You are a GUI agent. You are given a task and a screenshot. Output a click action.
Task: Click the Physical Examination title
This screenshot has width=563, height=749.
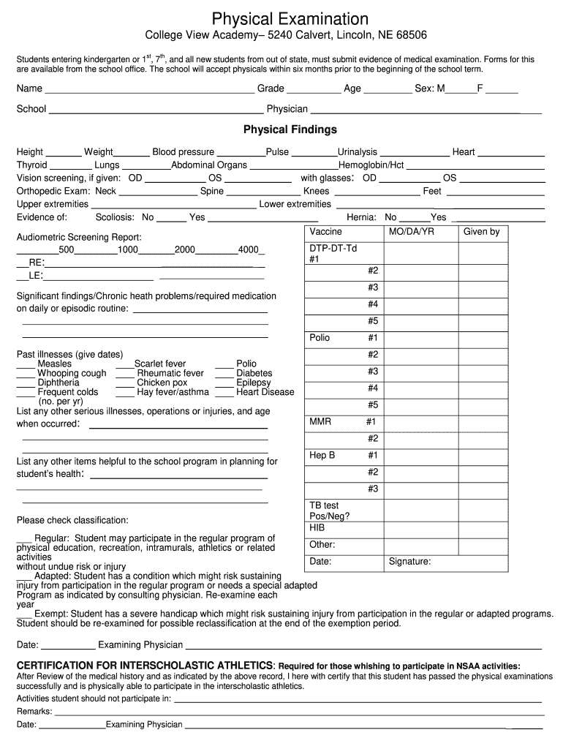click(x=290, y=18)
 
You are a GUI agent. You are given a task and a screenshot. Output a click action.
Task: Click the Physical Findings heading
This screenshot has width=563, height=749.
click(x=290, y=129)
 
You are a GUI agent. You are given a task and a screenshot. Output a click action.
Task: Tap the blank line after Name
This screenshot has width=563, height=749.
click(x=149, y=90)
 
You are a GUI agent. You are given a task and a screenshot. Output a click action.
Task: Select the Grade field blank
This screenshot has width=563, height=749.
click(x=314, y=90)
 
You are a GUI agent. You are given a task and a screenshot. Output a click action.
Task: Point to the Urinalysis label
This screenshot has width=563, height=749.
click(x=357, y=152)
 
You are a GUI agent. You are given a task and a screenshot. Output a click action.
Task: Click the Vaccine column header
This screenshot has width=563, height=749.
click(x=325, y=232)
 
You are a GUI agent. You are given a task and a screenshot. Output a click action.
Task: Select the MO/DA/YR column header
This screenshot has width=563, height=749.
click(x=411, y=232)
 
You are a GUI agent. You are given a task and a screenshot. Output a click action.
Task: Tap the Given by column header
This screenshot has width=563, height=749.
click(x=481, y=232)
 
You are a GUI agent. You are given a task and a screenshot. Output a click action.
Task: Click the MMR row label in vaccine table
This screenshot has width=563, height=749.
click(x=321, y=422)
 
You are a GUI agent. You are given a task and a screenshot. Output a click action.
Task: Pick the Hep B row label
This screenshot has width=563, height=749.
click(x=322, y=456)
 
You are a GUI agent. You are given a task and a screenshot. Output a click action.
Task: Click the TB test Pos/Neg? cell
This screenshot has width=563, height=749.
click(x=329, y=511)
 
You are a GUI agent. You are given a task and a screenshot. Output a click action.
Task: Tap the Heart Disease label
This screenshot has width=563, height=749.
click(x=265, y=392)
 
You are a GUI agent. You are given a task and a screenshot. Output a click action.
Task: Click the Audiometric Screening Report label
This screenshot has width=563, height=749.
click(x=79, y=238)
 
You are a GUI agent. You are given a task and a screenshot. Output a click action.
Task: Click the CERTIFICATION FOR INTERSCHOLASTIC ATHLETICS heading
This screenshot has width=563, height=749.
click(x=145, y=666)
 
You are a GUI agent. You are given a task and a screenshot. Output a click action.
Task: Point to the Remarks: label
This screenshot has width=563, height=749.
click(x=34, y=711)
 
